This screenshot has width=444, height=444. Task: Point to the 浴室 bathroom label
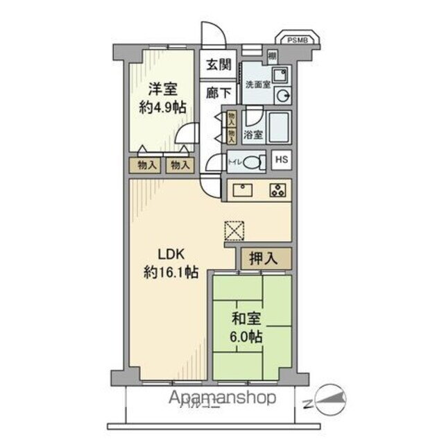(x=254, y=135)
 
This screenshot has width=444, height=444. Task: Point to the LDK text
(x=169, y=254)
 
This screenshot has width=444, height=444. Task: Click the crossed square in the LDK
(x=234, y=230)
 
